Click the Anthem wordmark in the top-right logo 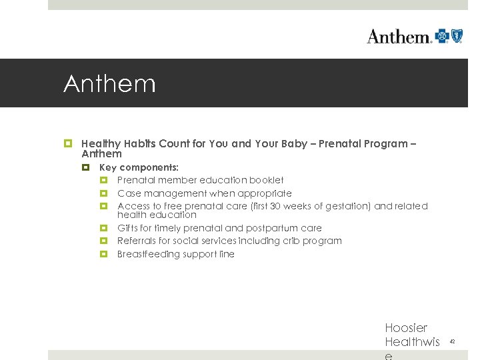coord(399,36)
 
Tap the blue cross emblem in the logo coord(442,36)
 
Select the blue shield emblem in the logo coord(457,36)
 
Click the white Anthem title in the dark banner coord(109,84)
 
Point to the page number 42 coord(452,341)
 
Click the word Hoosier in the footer coord(406,328)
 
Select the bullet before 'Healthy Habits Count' coord(67,144)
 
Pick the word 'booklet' coord(267,180)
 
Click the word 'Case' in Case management coord(129,193)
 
